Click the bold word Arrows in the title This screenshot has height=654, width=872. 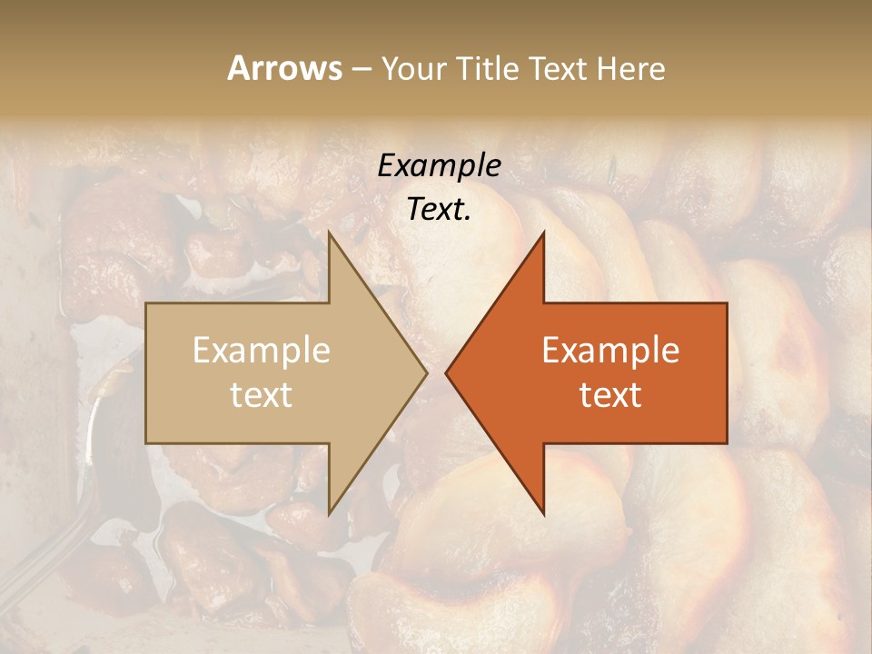[284, 68]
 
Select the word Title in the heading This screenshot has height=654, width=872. [486, 68]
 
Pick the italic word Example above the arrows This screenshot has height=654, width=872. [440, 166]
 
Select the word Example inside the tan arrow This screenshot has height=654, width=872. [262, 351]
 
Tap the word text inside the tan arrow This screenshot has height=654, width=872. [262, 395]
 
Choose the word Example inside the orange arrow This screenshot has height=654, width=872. [610, 351]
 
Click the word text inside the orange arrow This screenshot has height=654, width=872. [610, 395]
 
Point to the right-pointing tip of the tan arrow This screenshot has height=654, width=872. [427, 372]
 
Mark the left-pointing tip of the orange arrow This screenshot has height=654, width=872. [446, 372]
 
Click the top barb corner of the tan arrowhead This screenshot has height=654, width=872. [329, 233]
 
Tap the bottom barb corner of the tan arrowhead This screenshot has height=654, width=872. [329, 513]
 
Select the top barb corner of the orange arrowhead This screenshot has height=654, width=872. [543, 233]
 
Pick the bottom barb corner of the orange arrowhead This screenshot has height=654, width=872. [543, 513]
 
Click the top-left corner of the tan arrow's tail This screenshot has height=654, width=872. [146, 303]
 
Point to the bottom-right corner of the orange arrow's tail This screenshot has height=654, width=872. [727, 442]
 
